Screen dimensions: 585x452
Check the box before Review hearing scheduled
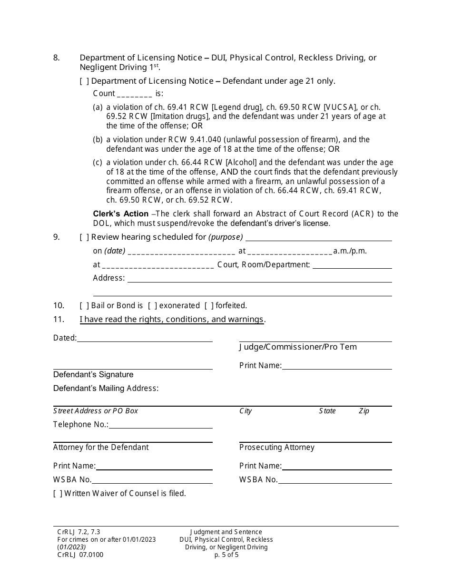click(84, 237)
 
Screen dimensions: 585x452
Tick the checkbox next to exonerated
click(152, 306)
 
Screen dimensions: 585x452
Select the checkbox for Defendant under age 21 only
click(84, 81)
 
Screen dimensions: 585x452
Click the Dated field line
click(144, 338)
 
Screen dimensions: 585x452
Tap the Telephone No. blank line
click(160, 425)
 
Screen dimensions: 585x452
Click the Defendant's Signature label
click(93, 375)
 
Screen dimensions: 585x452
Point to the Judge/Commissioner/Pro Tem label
click(298, 347)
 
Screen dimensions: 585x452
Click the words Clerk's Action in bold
click(120, 214)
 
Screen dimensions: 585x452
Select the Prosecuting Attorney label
click(276, 448)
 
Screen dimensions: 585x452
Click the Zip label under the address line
click(364, 411)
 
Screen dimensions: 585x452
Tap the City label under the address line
click(246, 411)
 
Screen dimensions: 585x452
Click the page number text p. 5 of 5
click(226, 555)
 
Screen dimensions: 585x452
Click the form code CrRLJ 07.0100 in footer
click(80, 555)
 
